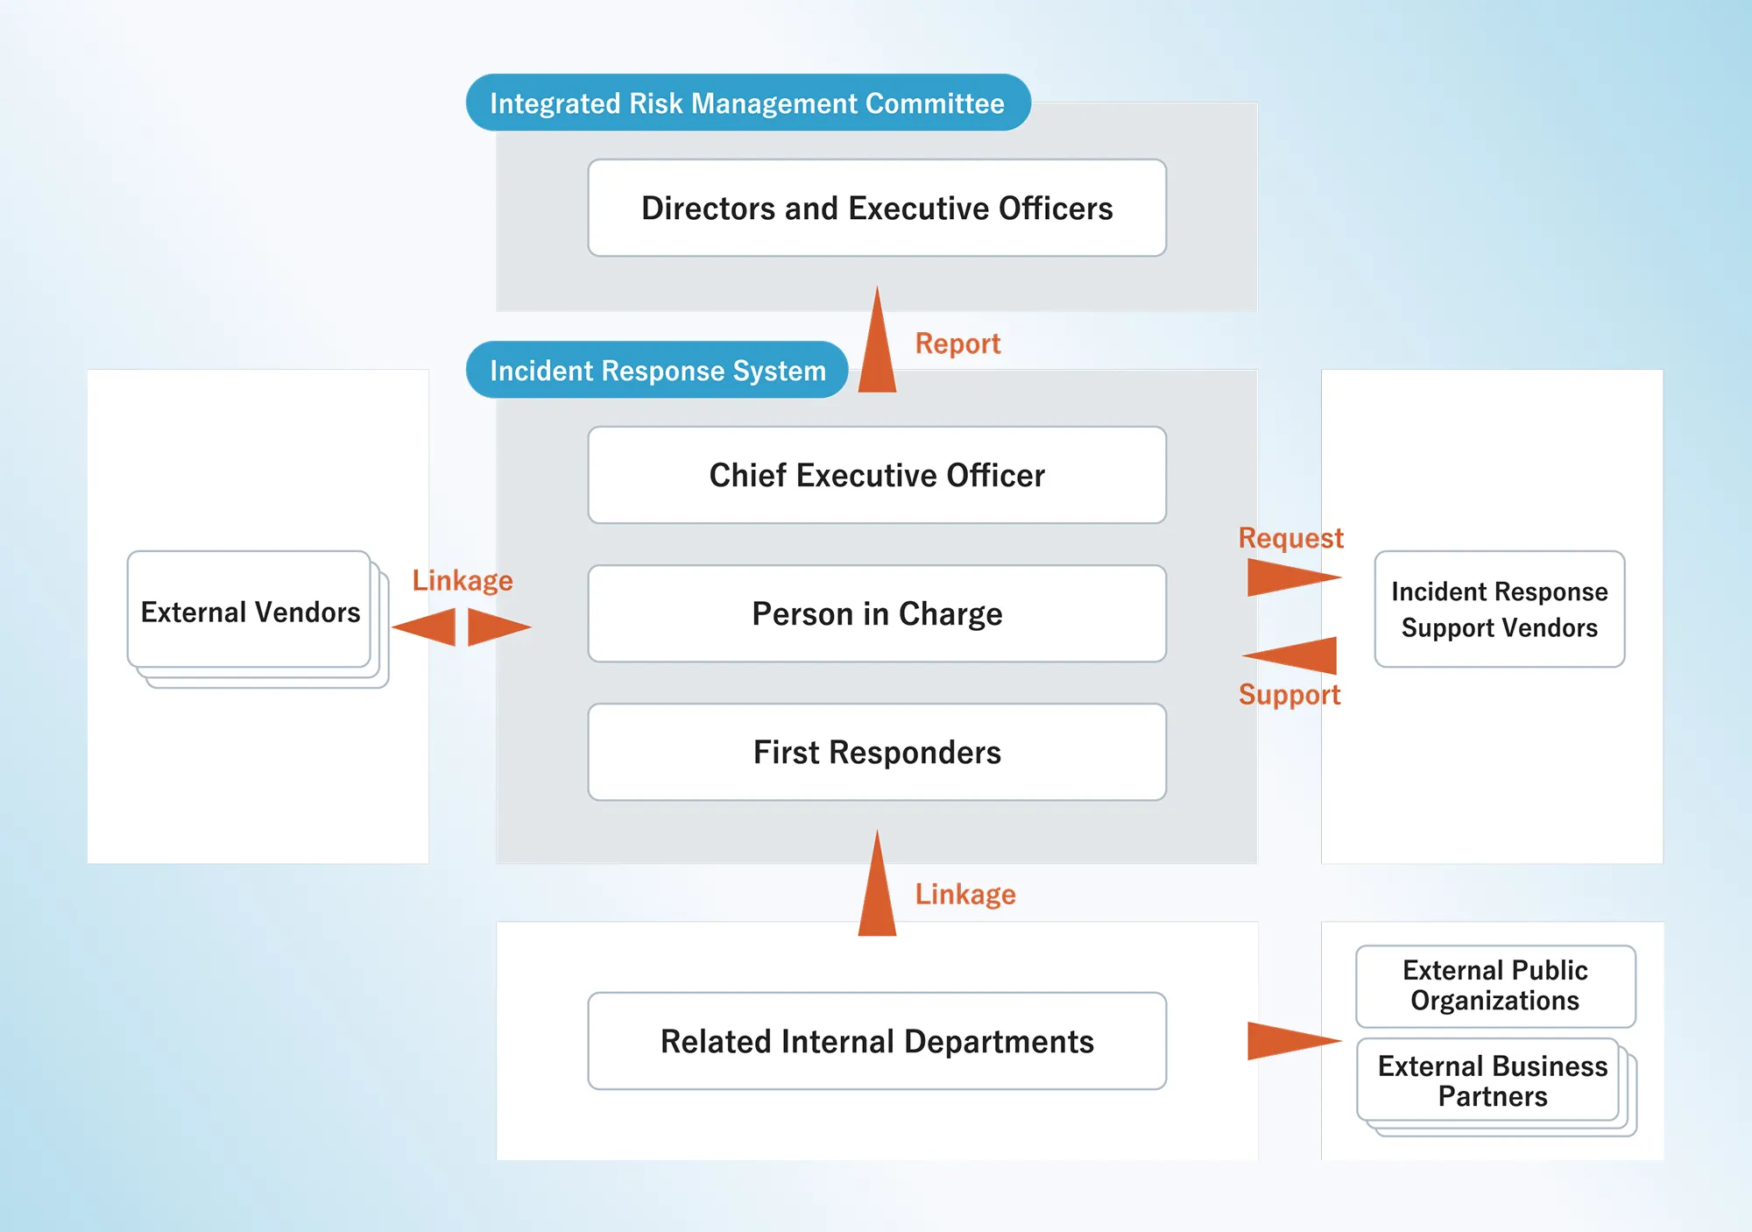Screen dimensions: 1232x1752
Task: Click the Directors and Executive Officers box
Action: coord(877,208)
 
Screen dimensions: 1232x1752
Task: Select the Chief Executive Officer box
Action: coord(877,475)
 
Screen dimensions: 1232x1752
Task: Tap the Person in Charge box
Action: coord(877,613)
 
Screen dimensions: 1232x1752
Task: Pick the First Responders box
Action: coord(877,752)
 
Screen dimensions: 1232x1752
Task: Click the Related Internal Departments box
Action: coord(877,1041)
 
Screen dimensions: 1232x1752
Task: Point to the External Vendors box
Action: coord(250,611)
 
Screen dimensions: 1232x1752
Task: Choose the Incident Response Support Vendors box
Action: coord(1499,609)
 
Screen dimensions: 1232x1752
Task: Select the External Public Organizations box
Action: coord(1494,986)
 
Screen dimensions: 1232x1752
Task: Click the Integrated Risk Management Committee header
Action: coord(747,103)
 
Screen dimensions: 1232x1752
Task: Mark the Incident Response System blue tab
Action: coord(657,370)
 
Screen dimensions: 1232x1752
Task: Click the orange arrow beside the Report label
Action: coord(877,346)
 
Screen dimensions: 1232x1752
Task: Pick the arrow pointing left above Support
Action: coord(1293,655)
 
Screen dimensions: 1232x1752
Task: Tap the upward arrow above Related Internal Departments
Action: coord(877,889)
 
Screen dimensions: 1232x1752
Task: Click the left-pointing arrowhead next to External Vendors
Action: coord(427,627)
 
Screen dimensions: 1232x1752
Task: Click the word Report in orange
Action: coord(957,343)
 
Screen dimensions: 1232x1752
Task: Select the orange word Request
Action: coord(1290,537)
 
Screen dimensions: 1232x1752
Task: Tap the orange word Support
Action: coord(1289,695)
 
